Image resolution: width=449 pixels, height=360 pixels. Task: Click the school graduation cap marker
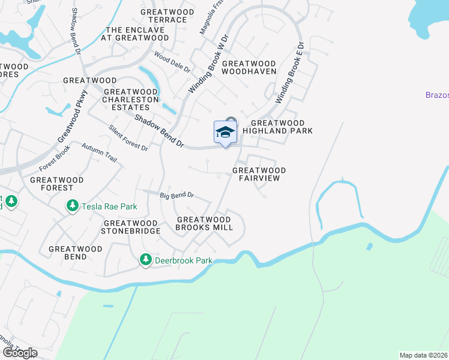225,133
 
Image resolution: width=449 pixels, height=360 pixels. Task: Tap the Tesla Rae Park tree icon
72,206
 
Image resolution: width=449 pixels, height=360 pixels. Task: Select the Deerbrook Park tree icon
145,260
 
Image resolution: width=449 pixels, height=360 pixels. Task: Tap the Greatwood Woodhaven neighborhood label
249,67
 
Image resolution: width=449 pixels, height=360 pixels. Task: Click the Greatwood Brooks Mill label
204,223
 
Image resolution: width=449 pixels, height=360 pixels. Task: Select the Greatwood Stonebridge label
130,227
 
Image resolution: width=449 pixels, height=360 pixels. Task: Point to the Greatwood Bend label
68,253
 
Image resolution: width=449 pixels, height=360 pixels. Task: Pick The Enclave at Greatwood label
137,34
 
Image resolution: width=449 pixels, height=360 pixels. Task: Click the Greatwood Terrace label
167,16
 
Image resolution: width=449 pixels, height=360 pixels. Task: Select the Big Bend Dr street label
177,195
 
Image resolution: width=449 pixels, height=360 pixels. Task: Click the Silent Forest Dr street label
128,138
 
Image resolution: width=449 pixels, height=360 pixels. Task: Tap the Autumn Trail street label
98,155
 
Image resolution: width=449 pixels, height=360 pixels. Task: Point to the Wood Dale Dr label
172,62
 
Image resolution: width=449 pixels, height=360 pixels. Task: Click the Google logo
19,353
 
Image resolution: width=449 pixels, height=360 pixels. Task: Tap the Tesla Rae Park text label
110,206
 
